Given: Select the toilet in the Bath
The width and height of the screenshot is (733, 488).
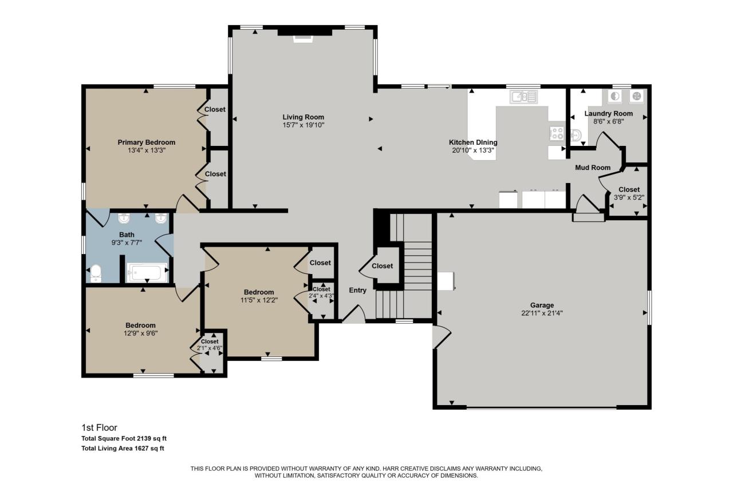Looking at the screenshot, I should pyautogui.click(x=96, y=272).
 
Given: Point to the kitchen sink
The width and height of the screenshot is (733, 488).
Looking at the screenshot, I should pyautogui.click(x=524, y=97).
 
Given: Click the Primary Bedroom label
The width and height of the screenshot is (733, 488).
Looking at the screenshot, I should pyautogui.click(x=146, y=142).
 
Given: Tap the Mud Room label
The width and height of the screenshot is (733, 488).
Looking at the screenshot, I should pyautogui.click(x=593, y=168).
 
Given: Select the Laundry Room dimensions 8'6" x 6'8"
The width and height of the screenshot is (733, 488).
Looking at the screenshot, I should pyautogui.click(x=608, y=121).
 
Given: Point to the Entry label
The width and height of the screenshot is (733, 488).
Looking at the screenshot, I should pyautogui.click(x=358, y=290).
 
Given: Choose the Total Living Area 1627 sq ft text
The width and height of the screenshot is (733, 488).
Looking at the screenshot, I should pyautogui.click(x=123, y=449).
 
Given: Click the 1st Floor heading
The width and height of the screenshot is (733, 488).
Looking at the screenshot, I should pyautogui.click(x=99, y=427).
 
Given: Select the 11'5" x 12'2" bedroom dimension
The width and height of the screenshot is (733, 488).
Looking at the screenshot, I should pyautogui.click(x=259, y=300).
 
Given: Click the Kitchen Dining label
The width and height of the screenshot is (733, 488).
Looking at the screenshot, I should pyautogui.click(x=472, y=142).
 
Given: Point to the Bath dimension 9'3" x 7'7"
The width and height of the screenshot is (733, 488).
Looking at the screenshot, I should pyautogui.click(x=126, y=243).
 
